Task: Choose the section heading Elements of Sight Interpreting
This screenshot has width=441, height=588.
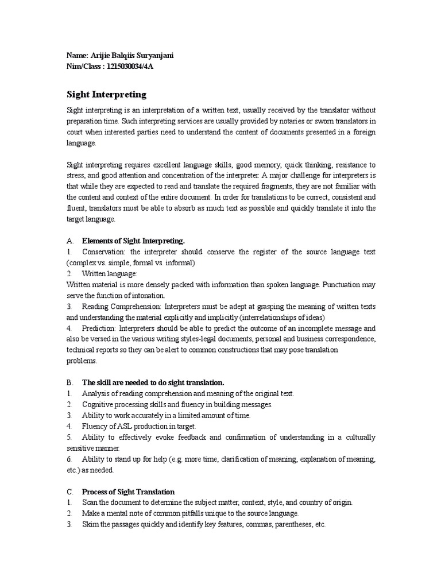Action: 134,241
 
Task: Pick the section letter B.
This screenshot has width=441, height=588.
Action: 69,382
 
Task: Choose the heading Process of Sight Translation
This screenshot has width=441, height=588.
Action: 128,492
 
